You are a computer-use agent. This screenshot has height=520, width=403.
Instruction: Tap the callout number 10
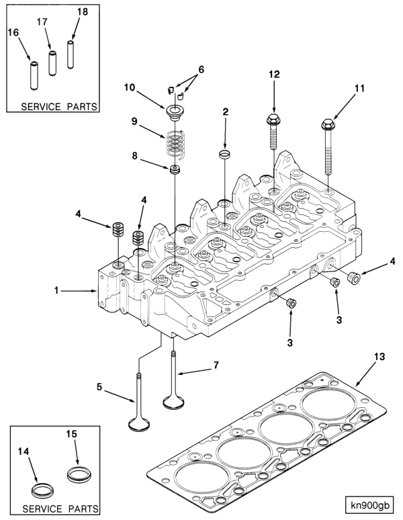point(130,87)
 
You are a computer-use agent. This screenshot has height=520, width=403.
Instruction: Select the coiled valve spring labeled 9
point(174,142)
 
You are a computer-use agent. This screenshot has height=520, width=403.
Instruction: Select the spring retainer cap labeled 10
point(173,109)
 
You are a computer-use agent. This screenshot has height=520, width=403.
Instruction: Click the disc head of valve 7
point(175,403)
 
